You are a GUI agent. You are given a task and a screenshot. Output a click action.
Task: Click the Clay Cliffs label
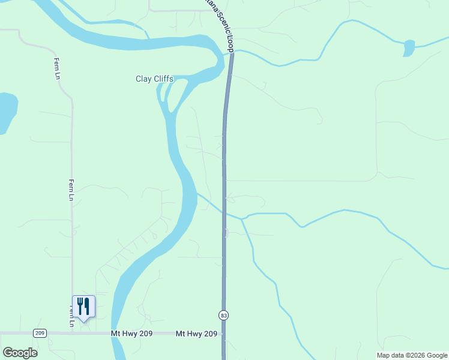coord(154,79)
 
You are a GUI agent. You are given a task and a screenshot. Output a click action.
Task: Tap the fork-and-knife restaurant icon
coord(83,306)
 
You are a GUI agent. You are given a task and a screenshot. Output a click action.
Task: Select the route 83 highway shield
coord(224,315)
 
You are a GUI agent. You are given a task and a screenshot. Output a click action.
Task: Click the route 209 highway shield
coord(40,334)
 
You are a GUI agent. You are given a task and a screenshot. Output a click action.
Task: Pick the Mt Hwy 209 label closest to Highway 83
coord(196,334)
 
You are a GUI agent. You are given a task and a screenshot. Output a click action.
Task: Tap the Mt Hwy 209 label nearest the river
coord(131,334)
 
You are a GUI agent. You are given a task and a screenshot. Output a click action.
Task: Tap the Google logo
coord(20,353)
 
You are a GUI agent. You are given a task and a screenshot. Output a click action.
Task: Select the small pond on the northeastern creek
coord(409,47)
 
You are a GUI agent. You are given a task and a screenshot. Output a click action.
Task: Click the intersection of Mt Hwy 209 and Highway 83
coord(224,334)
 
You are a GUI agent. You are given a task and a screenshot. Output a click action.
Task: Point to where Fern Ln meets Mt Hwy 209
coord(73,332)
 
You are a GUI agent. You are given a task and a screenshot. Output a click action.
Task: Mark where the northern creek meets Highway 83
coord(230,53)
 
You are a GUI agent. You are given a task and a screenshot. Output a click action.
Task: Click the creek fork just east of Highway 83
coord(243,219)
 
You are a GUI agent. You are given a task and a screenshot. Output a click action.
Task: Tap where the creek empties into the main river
coord(197,194)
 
